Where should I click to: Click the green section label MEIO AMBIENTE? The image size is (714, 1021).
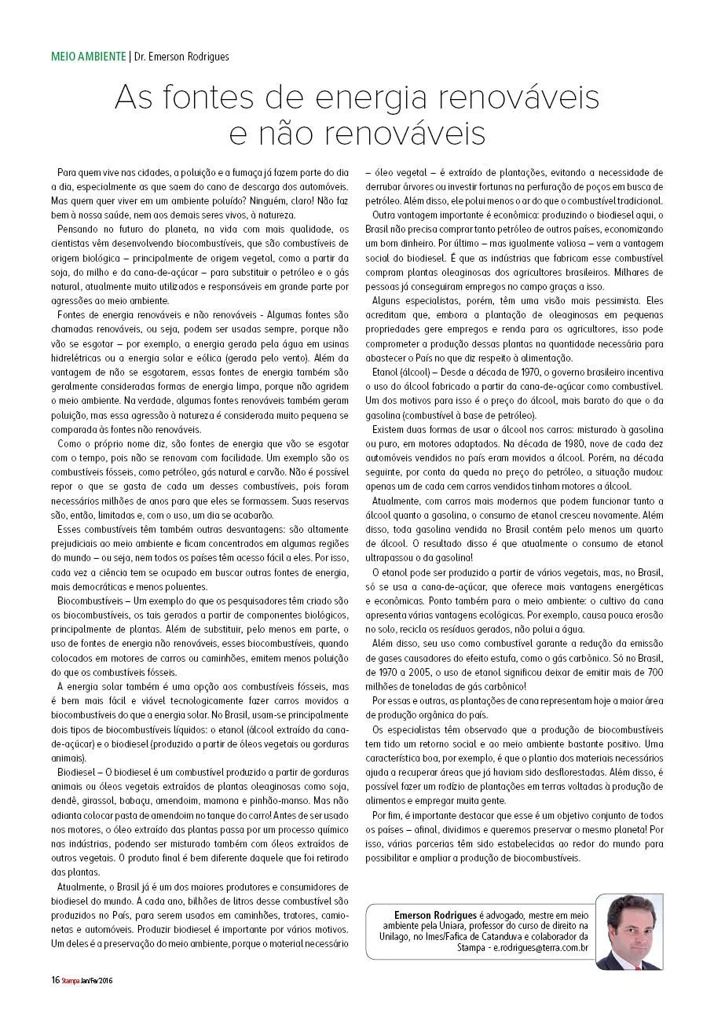pyautogui.click(x=88, y=57)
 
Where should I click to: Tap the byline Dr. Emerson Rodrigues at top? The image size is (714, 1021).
pyautogui.click(x=181, y=57)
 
